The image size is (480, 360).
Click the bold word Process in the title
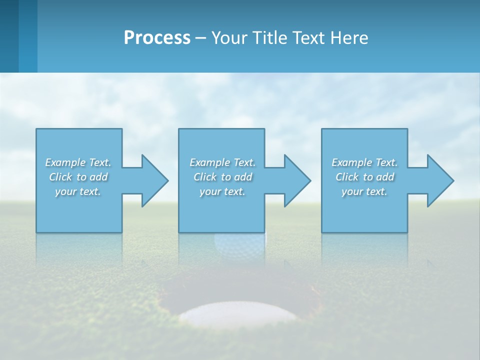[157, 38]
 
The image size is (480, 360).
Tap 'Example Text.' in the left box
[78, 162]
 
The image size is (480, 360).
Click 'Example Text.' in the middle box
[222, 162]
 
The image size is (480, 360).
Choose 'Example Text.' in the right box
[364, 162]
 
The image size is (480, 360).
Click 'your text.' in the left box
[78, 191]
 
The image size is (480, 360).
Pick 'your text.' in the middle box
[222, 191]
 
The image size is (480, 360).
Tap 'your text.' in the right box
[364, 191]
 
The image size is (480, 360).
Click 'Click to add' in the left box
[78, 177]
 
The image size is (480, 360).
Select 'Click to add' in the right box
[364, 177]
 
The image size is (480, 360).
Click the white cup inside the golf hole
[239, 313]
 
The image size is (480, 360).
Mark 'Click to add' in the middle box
[222, 177]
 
